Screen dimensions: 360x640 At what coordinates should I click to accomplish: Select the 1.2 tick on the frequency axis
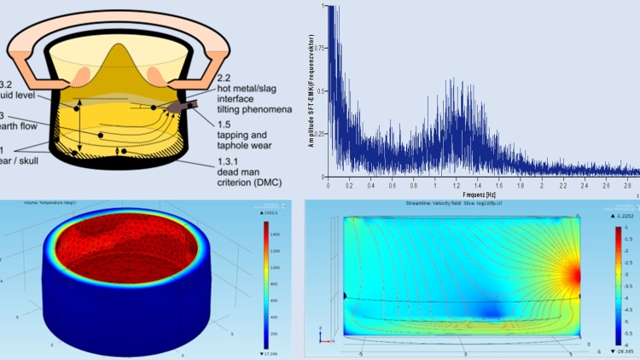point(435,185)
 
